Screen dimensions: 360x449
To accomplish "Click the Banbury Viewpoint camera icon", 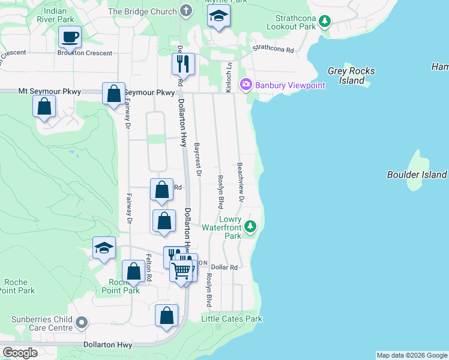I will pyautogui.click(x=246, y=85).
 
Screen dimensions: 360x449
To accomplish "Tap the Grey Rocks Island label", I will pyautogui.click(x=351, y=76).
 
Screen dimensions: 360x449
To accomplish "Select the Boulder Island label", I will pyautogui.click(x=417, y=175).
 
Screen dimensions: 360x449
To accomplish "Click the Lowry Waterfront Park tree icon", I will pyautogui.click(x=251, y=227).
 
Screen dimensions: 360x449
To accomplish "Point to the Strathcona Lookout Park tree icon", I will pyautogui.click(x=325, y=22).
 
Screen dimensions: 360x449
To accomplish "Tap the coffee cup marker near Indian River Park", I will pyautogui.click(x=70, y=37).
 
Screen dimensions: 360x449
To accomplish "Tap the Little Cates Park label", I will pyautogui.click(x=232, y=319).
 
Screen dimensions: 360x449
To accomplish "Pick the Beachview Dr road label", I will pyautogui.click(x=241, y=182).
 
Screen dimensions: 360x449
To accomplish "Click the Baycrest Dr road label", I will pyautogui.click(x=197, y=159).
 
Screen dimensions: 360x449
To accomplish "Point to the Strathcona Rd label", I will pyautogui.click(x=273, y=49).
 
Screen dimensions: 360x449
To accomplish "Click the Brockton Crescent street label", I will pyautogui.click(x=85, y=53).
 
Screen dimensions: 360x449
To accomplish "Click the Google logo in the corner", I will pyautogui.click(x=20, y=352).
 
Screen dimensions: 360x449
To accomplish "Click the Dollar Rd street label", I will pyautogui.click(x=224, y=267).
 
